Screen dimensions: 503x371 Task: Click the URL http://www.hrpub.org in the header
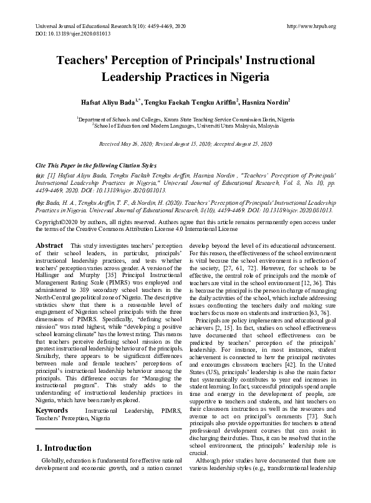pos(310,26)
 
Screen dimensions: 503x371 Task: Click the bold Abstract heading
pos(49,246)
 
